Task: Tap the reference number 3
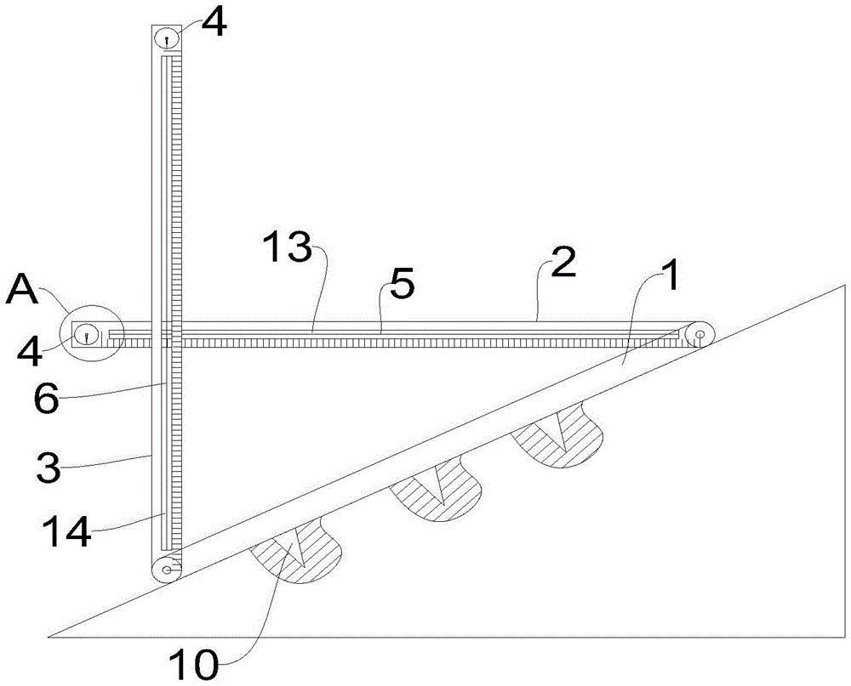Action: click(x=47, y=468)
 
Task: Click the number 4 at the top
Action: click(x=214, y=23)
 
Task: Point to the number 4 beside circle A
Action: click(x=31, y=351)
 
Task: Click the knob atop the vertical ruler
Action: click(x=166, y=38)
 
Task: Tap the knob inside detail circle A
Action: click(x=87, y=335)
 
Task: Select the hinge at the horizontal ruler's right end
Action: click(x=700, y=336)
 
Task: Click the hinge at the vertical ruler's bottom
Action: click(x=166, y=570)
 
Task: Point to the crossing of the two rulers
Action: click(x=172, y=336)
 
